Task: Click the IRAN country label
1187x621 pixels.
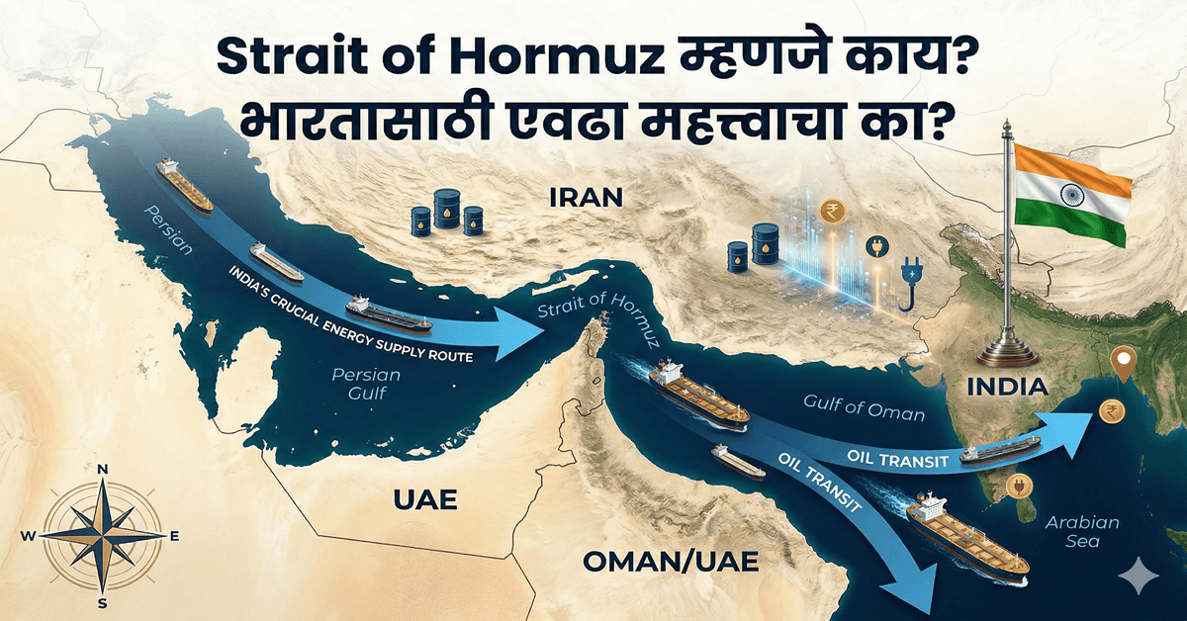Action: point(585,197)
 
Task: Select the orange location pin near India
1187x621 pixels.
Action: point(1122,365)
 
